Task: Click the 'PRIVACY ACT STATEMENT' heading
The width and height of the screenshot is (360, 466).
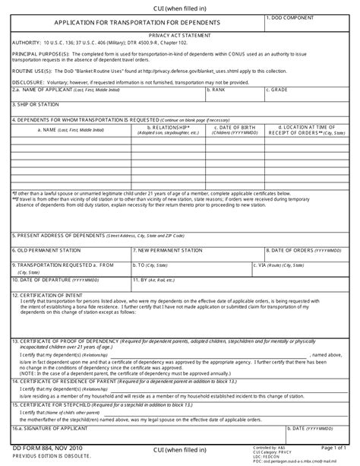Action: [179, 35]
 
